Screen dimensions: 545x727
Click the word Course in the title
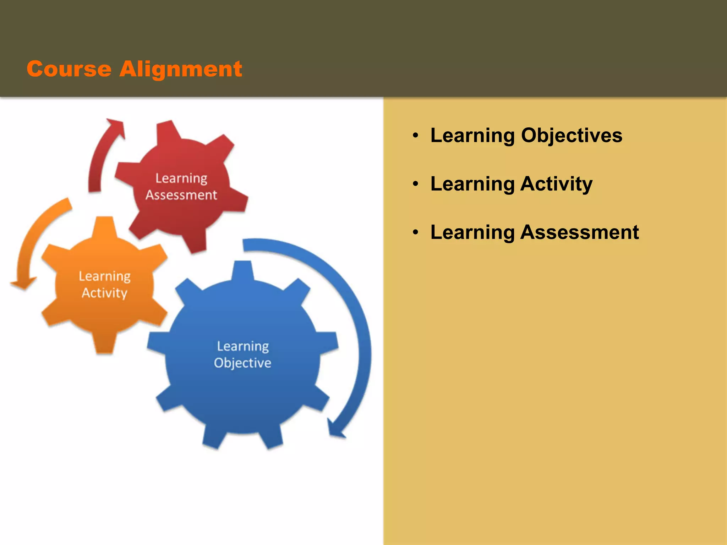tap(69, 69)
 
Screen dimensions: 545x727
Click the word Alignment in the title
tap(181, 70)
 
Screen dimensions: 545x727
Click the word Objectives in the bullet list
tap(572, 136)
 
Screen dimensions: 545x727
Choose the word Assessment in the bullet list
tap(580, 232)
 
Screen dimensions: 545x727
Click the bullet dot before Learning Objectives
tap(416, 136)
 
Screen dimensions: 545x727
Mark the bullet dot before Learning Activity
tap(416, 184)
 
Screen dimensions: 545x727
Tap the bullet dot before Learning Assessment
tap(416, 233)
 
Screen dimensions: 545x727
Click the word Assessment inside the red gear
tap(181, 195)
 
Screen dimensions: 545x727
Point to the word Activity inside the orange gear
tap(104, 293)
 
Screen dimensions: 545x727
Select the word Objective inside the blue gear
tap(243, 363)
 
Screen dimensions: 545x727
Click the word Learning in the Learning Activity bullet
tap(472, 184)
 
